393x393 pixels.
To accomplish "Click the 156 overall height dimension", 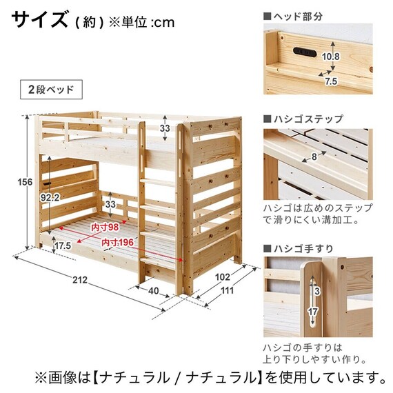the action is point(25,182).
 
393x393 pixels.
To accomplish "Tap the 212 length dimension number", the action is point(80,280).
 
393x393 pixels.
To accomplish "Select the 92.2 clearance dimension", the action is point(50,198).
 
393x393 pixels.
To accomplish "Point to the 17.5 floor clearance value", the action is point(63,245).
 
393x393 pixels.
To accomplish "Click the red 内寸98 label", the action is point(105,228).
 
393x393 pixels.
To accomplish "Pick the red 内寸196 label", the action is point(117,243).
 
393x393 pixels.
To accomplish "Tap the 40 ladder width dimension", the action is point(153,291).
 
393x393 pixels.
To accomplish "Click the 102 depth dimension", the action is point(223,277).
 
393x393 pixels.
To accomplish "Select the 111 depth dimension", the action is point(227,290).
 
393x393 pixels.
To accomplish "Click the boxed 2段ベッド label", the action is point(51,90).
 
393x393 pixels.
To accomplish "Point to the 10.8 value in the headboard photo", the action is point(331,57).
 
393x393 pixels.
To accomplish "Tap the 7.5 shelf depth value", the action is point(331,81).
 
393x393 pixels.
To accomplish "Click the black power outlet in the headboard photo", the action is point(304,52).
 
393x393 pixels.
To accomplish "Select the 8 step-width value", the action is point(314,157).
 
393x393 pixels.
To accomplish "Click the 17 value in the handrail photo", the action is point(312,312).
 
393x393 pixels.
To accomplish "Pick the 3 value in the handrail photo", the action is point(317,291).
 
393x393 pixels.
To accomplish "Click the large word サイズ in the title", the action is point(39,19).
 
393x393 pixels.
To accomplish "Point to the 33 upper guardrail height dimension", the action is point(165,128).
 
